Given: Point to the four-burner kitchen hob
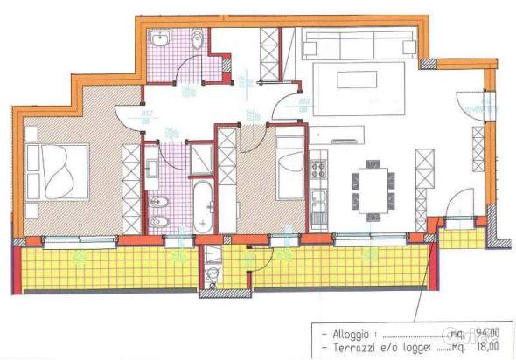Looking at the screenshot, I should point(319,163).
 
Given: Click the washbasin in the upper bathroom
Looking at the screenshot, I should point(162,40).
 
